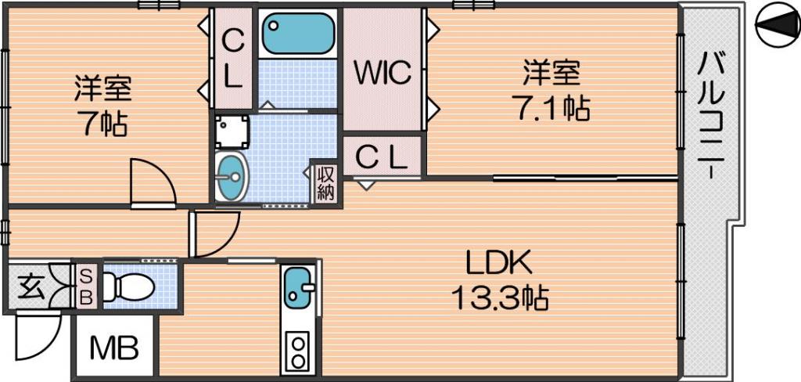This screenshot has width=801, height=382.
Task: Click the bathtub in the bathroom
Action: [x=298, y=33]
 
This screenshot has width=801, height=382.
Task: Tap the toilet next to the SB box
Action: [x=128, y=286]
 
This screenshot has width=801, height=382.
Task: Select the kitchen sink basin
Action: [x=298, y=286]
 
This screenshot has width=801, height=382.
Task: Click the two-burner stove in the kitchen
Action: [x=297, y=351]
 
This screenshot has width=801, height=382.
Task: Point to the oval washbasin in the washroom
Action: [x=231, y=176]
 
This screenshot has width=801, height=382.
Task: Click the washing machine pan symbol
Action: [x=232, y=132]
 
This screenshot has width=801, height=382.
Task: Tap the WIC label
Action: [x=383, y=74]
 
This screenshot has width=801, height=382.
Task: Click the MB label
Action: [x=114, y=349]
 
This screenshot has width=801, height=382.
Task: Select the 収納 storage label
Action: [x=326, y=184]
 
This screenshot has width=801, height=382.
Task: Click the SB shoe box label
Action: [x=87, y=286]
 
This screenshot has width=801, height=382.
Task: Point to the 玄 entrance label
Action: [x=28, y=288]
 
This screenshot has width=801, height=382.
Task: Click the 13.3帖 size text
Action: [x=500, y=299]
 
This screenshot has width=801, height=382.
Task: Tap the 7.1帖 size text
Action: [x=554, y=108]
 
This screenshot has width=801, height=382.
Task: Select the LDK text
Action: [x=499, y=264]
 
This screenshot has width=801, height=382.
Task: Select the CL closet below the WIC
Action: [x=382, y=157]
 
